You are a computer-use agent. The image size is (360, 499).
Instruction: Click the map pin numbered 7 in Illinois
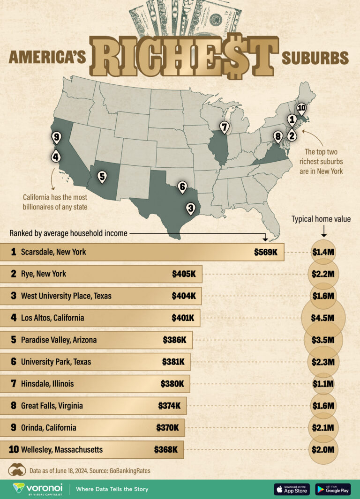225,127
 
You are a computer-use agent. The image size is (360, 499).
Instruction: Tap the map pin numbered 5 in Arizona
102,177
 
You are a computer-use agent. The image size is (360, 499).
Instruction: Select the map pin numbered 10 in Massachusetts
301,108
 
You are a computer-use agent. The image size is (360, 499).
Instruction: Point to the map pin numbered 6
182,186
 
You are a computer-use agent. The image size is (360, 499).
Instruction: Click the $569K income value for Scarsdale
266,252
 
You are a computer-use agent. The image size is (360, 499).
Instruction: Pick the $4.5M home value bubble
323,318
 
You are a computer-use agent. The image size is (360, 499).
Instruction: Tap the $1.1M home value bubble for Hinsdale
323,384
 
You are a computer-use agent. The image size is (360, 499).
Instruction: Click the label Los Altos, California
52,318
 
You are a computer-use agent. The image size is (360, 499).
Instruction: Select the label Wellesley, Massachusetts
61,450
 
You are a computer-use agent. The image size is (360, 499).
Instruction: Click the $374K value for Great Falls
168,406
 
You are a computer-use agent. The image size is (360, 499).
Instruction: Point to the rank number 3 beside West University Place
14,296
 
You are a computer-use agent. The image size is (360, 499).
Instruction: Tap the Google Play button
333,489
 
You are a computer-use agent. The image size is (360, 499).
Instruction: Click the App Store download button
292,489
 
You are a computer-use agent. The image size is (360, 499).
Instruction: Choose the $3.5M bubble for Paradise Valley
323,340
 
